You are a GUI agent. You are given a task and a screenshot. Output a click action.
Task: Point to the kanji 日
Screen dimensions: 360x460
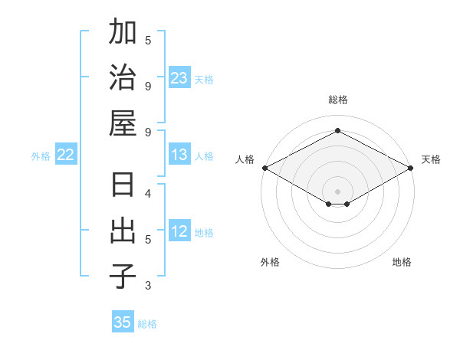coord(123,186)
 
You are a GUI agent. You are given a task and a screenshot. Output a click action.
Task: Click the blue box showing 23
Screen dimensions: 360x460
coord(179,78)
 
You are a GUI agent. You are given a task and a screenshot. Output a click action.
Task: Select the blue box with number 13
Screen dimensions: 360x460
coord(179,155)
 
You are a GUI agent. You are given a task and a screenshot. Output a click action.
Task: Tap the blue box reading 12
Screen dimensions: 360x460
coord(179,232)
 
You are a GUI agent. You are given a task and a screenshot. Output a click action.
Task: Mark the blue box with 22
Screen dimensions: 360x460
coord(65,155)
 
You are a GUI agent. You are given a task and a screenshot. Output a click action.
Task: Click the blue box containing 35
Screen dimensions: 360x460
coord(123,322)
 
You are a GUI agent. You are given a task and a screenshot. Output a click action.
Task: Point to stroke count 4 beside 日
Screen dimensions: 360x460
coord(148,193)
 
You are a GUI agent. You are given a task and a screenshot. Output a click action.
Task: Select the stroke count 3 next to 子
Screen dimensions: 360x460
coord(148,286)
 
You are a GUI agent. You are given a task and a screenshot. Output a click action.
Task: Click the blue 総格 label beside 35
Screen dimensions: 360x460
coord(147,324)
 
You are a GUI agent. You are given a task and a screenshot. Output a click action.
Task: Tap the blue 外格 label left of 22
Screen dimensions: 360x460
coord(41,156)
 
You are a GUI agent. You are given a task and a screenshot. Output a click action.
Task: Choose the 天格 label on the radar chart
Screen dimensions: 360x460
coord(431,159)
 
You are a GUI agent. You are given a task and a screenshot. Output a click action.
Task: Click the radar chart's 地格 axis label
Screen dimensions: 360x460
coord(402,262)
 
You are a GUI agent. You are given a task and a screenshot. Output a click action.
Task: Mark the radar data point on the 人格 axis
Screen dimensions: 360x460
coord(264,168)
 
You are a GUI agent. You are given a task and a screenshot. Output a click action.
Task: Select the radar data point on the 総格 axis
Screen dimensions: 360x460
coord(338,131)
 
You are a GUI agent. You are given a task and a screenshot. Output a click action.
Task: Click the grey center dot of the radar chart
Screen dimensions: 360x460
coord(338,190)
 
